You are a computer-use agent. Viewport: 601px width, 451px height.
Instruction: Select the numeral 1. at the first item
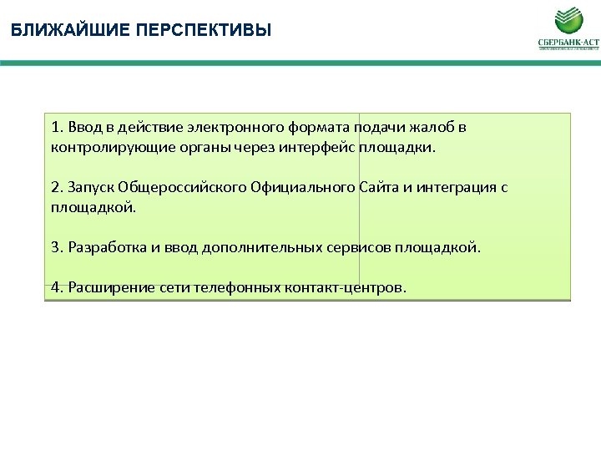coord(56,129)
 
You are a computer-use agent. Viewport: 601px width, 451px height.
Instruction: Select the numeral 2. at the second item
coord(56,187)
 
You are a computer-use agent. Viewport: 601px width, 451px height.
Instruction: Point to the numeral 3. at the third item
coord(56,247)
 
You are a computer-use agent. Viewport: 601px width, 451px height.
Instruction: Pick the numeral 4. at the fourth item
coord(56,287)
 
